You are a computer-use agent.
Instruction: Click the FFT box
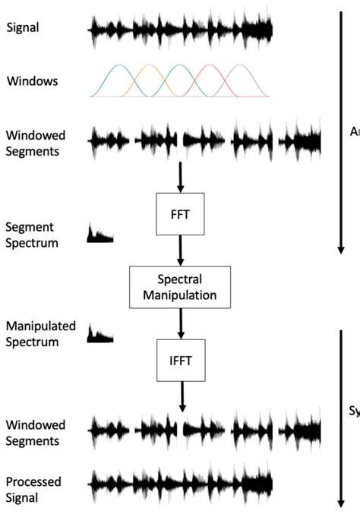180,214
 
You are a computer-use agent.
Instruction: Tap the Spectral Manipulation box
180,286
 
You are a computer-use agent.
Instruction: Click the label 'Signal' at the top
23,28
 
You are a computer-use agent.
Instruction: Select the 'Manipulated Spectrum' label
41,334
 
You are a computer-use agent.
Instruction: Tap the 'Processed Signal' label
33,489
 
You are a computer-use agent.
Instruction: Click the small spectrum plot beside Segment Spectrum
100,234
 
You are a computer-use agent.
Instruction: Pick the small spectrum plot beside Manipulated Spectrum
100,333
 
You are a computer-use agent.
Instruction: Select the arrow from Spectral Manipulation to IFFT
180,323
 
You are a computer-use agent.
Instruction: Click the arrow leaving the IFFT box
181,396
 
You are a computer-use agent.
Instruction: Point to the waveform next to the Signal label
181,30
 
